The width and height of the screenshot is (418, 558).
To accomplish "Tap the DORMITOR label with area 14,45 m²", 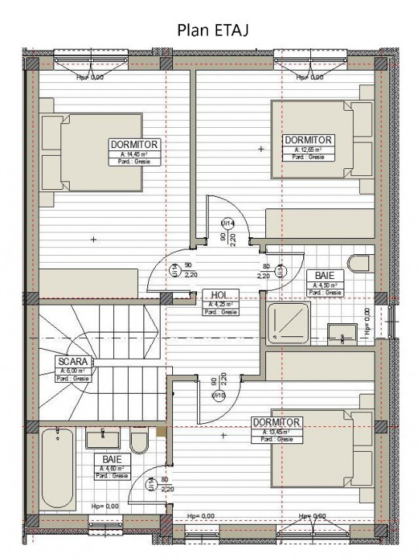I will tap(134, 144).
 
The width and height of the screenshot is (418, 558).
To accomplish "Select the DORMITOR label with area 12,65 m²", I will tap(307, 139).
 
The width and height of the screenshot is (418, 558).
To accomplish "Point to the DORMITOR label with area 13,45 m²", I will tap(276, 422).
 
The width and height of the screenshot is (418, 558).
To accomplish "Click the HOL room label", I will tap(220, 295).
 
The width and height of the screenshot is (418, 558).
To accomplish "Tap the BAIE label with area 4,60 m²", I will tap(112, 460).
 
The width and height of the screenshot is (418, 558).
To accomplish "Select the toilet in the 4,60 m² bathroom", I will tap(140, 442).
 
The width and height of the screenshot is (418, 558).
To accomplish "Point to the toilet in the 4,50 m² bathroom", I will tap(360, 263).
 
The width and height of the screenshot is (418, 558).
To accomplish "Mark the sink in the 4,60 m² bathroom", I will tap(102, 439).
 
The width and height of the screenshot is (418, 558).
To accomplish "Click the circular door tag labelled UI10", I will tap(219, 396).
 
